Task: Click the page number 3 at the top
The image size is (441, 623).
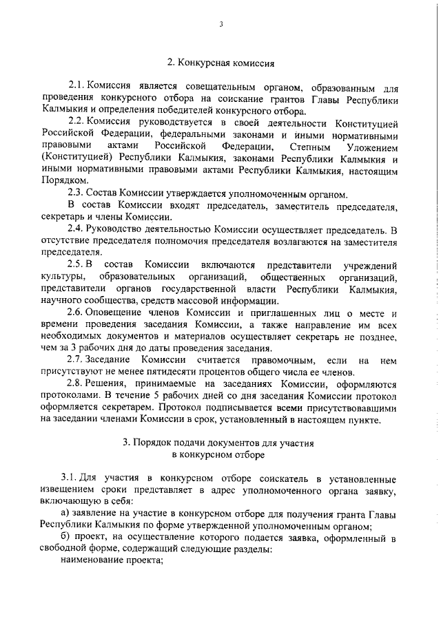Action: click(221, 25)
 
